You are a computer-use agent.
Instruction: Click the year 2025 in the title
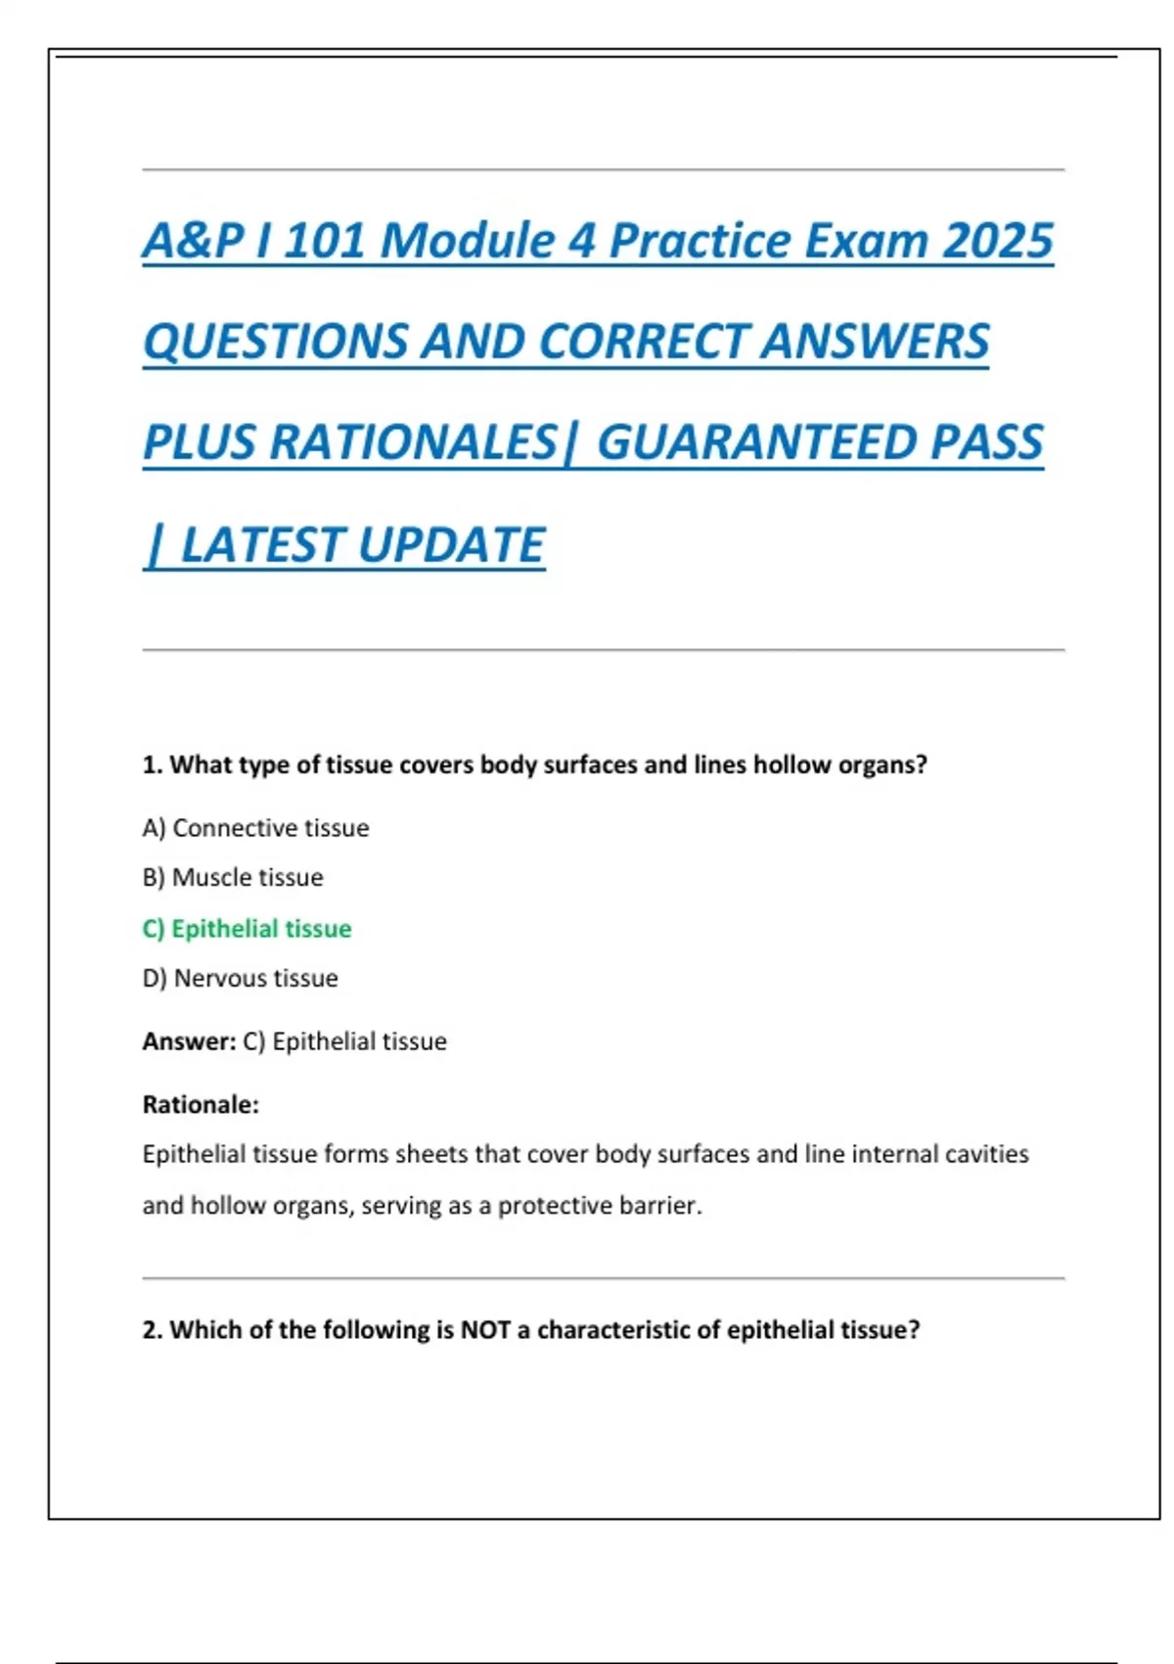(x=998, y=241)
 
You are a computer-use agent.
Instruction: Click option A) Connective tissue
(x=255, y=828)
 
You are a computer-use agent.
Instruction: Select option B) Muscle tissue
(x=233, y=877)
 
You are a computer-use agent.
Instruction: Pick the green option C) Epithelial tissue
(x=247, y=928)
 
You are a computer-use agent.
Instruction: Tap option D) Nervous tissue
(x=240, y=978)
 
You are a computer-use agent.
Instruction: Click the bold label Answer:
(x=189, y=1041)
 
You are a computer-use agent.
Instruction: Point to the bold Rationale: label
(x=201, y=1105)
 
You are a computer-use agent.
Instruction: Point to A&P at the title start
(x=192, y=241)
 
